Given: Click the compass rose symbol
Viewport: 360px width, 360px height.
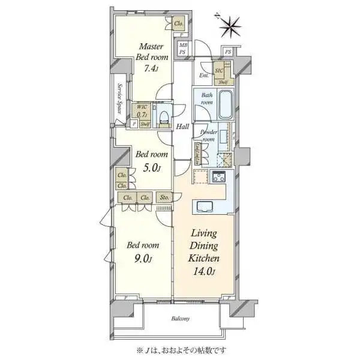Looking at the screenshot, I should click(x=230, y=25).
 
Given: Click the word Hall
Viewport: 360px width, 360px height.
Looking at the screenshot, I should click(x=183, y=127).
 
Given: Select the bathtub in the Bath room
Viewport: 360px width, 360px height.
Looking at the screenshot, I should click(x=226, y=106).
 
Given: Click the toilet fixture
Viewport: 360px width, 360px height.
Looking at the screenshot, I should click(x=163, y=116).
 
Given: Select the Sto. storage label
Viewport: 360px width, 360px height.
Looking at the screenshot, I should click(x=164, y=198).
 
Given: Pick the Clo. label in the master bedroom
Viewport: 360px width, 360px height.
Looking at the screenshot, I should click(x=179, y=24).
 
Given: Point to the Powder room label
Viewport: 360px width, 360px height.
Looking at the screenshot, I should click(x=208, y=136).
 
